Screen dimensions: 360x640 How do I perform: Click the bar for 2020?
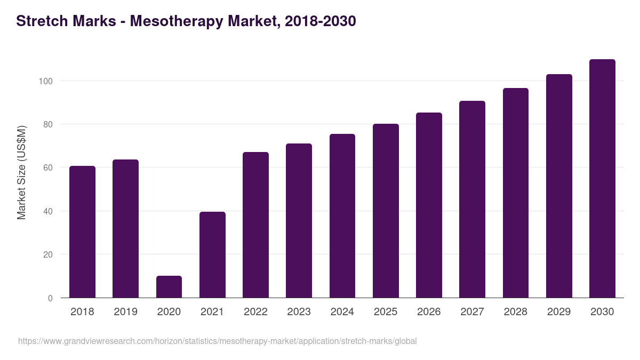click(169, 287)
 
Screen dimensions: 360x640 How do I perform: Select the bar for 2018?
click(82, 232)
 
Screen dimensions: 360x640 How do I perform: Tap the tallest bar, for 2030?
click(602, 179)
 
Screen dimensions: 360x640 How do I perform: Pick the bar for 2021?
click(212, 255)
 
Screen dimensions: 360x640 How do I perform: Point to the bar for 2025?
click(386, 211)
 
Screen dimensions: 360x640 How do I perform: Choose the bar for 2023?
click(299, 221)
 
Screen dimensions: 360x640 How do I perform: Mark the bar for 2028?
click(516, 193)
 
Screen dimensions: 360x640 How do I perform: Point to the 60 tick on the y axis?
click(47, 168)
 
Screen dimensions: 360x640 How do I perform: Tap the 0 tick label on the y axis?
click(50, 298)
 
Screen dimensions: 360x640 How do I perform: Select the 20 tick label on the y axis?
click(47, 254)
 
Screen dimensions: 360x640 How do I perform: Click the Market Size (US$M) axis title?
click(21, 172)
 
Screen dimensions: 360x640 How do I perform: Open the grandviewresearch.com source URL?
click(217, 341)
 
